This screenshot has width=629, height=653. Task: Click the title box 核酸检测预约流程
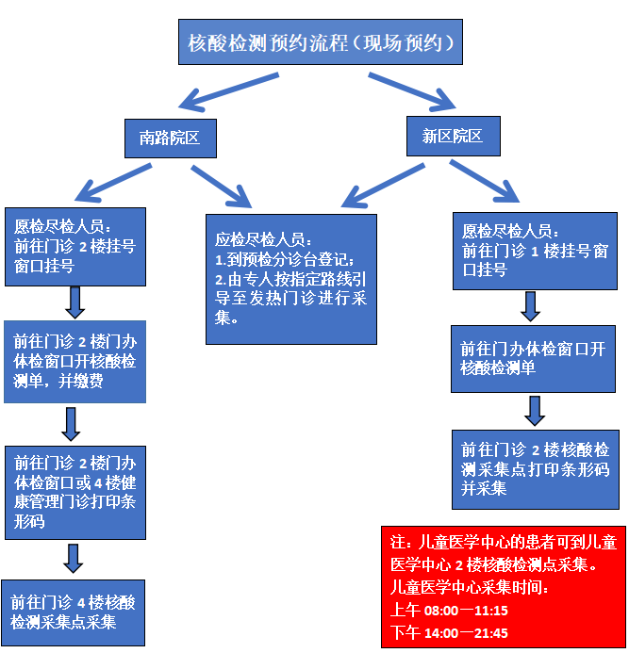320,42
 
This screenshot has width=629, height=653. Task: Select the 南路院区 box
170,138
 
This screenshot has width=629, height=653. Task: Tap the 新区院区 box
453,136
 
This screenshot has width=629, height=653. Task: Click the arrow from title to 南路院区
227,90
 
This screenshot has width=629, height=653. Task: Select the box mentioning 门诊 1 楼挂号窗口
531,249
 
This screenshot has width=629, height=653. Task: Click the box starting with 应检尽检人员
291,278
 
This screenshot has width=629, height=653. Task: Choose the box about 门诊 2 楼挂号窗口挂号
75,246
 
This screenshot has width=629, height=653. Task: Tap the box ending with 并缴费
75,362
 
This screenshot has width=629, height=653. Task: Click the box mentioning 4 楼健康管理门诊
75,491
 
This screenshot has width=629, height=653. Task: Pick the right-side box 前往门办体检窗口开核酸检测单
533,358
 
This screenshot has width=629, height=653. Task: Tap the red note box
503,586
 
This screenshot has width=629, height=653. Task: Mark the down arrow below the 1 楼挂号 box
531,305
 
